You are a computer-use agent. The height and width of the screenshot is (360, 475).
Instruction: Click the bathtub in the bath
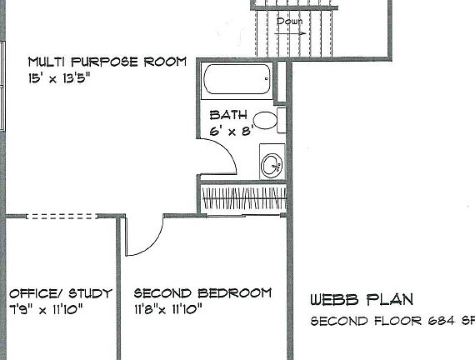click(237, 79)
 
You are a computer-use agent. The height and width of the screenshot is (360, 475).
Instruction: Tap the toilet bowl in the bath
click(265, 120)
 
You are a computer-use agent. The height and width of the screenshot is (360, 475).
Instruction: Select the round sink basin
click(272, 166)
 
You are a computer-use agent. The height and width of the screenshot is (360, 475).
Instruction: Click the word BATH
click(228, 115)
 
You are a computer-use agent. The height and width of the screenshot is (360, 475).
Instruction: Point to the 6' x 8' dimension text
click(232, 131)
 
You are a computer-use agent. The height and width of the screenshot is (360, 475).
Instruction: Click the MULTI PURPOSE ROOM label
click(107, 62)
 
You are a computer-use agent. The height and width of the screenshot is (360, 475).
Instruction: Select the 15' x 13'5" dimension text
click(59, 78)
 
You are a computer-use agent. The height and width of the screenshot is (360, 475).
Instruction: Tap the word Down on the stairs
click(290, 21)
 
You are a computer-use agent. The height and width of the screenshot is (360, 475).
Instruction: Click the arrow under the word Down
click(290, 33)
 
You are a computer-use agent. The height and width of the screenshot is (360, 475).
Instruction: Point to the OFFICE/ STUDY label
click(61, 293)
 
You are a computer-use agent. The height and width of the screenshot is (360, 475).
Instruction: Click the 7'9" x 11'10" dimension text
click(46, 310)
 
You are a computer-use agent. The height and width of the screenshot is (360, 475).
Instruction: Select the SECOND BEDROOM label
click(202, 293)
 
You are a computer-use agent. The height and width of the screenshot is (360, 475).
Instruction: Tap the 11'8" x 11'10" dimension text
click(168, 309)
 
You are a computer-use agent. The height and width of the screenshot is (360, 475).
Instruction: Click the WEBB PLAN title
click(362, 299)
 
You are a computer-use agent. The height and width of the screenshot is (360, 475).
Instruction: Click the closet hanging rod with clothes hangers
click(244, 198)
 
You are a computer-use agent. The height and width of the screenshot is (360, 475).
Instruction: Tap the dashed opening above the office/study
click(62, 217)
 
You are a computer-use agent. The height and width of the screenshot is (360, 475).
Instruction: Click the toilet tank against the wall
click(282, 120)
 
